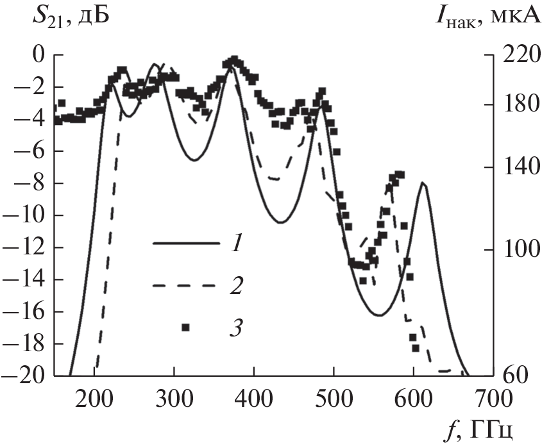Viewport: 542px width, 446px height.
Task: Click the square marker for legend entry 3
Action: pyautogui.click(x=185, y=327)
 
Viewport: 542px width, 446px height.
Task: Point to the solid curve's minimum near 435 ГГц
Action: pyautogui.click(x=280, y=222)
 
